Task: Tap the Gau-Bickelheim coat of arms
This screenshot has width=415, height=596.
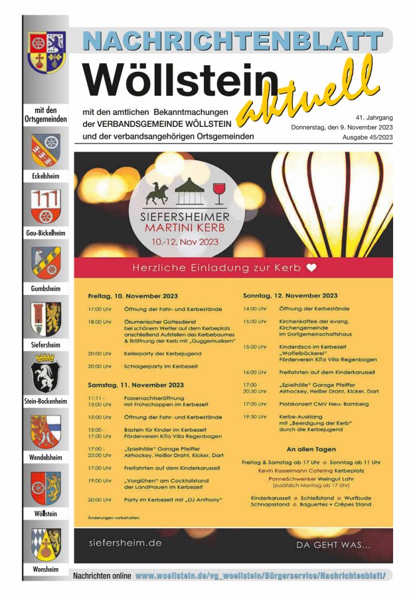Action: pyautogui.click(x=46, y=206)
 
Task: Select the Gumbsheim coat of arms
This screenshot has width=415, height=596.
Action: pyautogui.click(x=46, y=262)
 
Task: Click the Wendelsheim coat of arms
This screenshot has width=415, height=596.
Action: pyautogui.click(x=46, y=431)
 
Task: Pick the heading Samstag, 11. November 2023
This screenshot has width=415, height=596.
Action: pyautogui.click(x=135, y=385)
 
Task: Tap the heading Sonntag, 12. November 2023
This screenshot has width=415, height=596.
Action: pyautogui.click(x=290, y=295)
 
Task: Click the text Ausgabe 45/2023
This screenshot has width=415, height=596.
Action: pyautogui.click(x=367, y=138)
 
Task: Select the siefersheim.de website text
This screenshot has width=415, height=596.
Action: pyautogui.click(x=125, y=543)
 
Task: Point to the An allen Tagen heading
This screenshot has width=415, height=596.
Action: pyautogui.click(x=311, y=450)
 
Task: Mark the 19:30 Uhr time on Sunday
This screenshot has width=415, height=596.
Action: pyautogui.click(x=254, y=417)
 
